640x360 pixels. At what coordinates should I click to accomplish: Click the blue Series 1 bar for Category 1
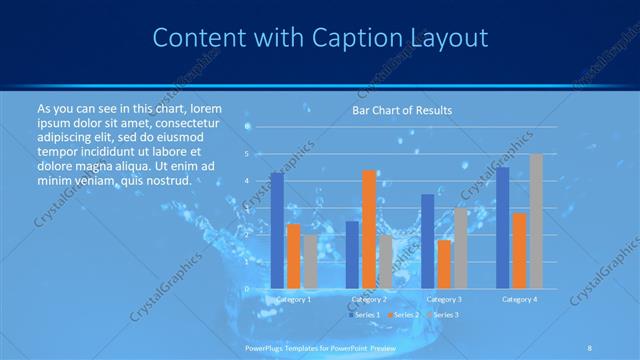tap(277, 231)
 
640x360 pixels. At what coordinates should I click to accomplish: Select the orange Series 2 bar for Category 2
tap(369, 229)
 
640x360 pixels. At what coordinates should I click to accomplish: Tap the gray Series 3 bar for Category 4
tap(536, 221)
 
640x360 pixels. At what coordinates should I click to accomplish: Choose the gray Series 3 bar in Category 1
tap(310, 262)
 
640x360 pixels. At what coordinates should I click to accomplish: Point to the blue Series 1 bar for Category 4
tap(503, 228)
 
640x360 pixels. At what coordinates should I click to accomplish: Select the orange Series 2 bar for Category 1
tap(294, 256)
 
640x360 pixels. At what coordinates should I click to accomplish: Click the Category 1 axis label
tap(293, 299)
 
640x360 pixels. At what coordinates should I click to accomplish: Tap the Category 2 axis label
tap(369, 299)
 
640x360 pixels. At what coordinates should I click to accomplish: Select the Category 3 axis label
tap(444, 299)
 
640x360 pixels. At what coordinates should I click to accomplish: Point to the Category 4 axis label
tap(519, 299)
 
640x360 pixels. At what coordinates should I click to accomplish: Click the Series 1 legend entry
tap(366, 315)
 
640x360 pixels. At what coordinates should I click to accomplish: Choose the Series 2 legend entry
tap(405, 315)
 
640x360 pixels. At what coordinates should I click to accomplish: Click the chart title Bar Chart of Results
tap(402, 110)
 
